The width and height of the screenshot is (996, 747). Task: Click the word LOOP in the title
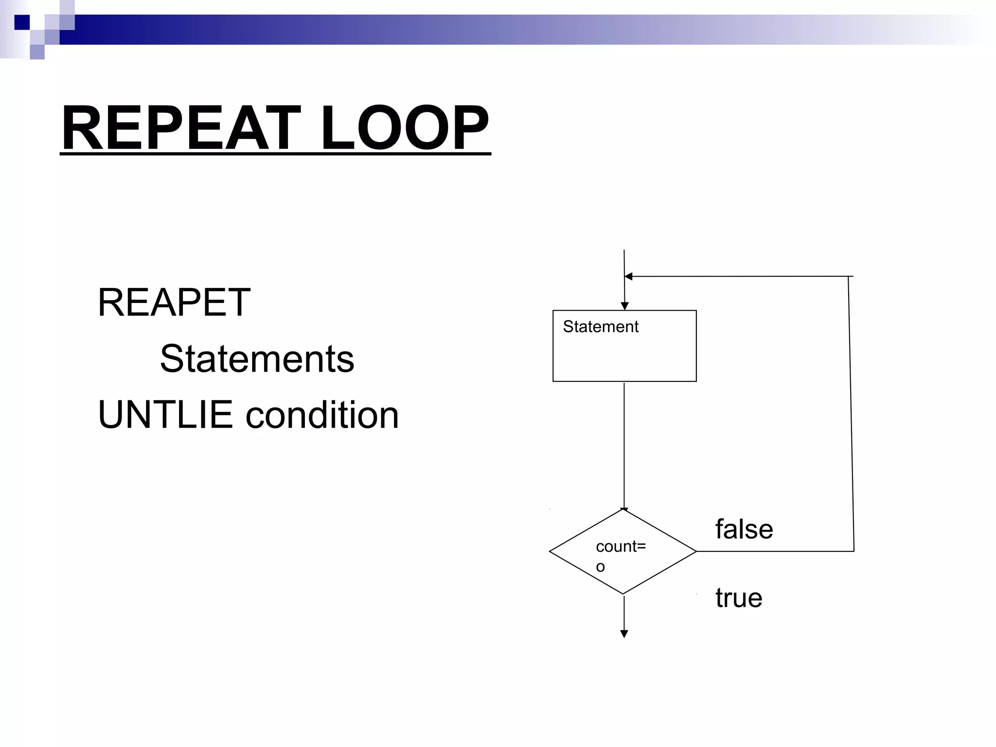405,128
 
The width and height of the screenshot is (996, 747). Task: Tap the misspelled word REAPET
174,302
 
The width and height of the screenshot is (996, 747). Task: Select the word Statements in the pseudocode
257,359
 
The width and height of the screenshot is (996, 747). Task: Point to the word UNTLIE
165,415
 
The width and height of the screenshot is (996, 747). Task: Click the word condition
322,415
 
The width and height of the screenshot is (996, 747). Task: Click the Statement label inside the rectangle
600,327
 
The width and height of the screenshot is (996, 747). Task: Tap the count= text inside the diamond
621,547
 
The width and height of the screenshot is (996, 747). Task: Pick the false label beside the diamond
744,529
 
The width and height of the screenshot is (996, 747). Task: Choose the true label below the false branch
738,598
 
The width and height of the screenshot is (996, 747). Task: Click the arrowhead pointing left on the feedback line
628,276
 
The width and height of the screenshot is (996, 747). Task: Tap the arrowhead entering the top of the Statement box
625,306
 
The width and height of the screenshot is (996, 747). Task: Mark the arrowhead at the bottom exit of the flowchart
624,634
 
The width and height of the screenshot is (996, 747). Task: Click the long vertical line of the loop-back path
851,413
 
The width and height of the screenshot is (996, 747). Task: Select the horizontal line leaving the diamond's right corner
775,551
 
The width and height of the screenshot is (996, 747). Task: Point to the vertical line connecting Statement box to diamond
624,445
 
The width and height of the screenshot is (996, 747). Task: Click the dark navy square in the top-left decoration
22,22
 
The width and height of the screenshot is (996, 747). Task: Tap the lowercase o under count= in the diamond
601,567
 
